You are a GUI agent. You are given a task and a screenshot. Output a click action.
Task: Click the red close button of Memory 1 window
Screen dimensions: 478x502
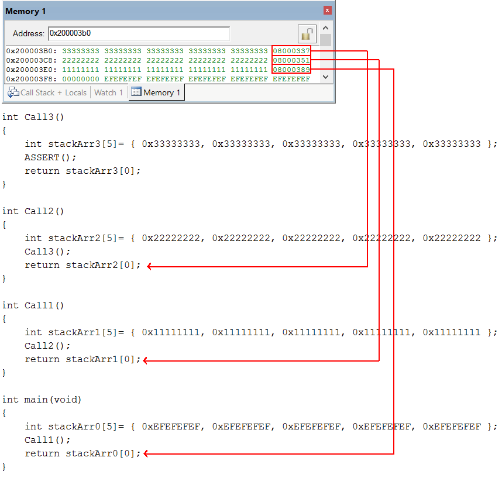[327, 11]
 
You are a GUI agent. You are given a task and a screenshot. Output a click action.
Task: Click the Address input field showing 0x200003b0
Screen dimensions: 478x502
[139, 33]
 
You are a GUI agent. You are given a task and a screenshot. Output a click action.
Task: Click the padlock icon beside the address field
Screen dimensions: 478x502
[307, 33]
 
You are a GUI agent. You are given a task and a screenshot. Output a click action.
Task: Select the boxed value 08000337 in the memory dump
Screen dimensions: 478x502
[291, 51]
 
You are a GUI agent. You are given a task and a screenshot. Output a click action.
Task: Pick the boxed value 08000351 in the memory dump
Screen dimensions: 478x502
[291, 60]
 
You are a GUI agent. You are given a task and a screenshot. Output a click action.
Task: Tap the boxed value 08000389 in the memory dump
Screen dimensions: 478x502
[291, 69]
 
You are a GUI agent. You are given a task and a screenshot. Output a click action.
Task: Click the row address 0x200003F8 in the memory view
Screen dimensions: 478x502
[31, 78]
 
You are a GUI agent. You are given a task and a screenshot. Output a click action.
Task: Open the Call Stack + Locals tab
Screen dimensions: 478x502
[47, 92]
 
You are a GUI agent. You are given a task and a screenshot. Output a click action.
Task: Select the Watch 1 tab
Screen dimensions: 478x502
[108, 92]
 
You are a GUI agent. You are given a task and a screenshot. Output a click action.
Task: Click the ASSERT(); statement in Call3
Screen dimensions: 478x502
[50, 157]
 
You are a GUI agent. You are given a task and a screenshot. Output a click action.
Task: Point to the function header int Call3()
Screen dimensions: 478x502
[33, 117]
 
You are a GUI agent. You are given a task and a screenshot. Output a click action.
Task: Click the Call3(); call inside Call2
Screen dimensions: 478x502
[47, 252]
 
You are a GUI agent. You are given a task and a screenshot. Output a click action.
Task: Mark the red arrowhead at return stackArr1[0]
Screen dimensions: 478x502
[146, 360]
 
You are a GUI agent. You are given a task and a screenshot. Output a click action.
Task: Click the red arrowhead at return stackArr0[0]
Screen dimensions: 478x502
[146, 453]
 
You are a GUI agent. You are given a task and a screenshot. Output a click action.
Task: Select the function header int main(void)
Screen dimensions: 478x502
[42, 400]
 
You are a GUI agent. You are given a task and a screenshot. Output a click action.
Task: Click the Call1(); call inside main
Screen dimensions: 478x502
[47, 440]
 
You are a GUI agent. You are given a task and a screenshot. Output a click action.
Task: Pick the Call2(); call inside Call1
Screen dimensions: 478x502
[47, 346]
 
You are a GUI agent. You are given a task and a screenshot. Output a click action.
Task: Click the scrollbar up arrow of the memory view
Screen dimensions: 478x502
[325, 28]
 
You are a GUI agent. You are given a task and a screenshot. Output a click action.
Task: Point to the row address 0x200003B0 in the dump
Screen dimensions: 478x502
[31, 51]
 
